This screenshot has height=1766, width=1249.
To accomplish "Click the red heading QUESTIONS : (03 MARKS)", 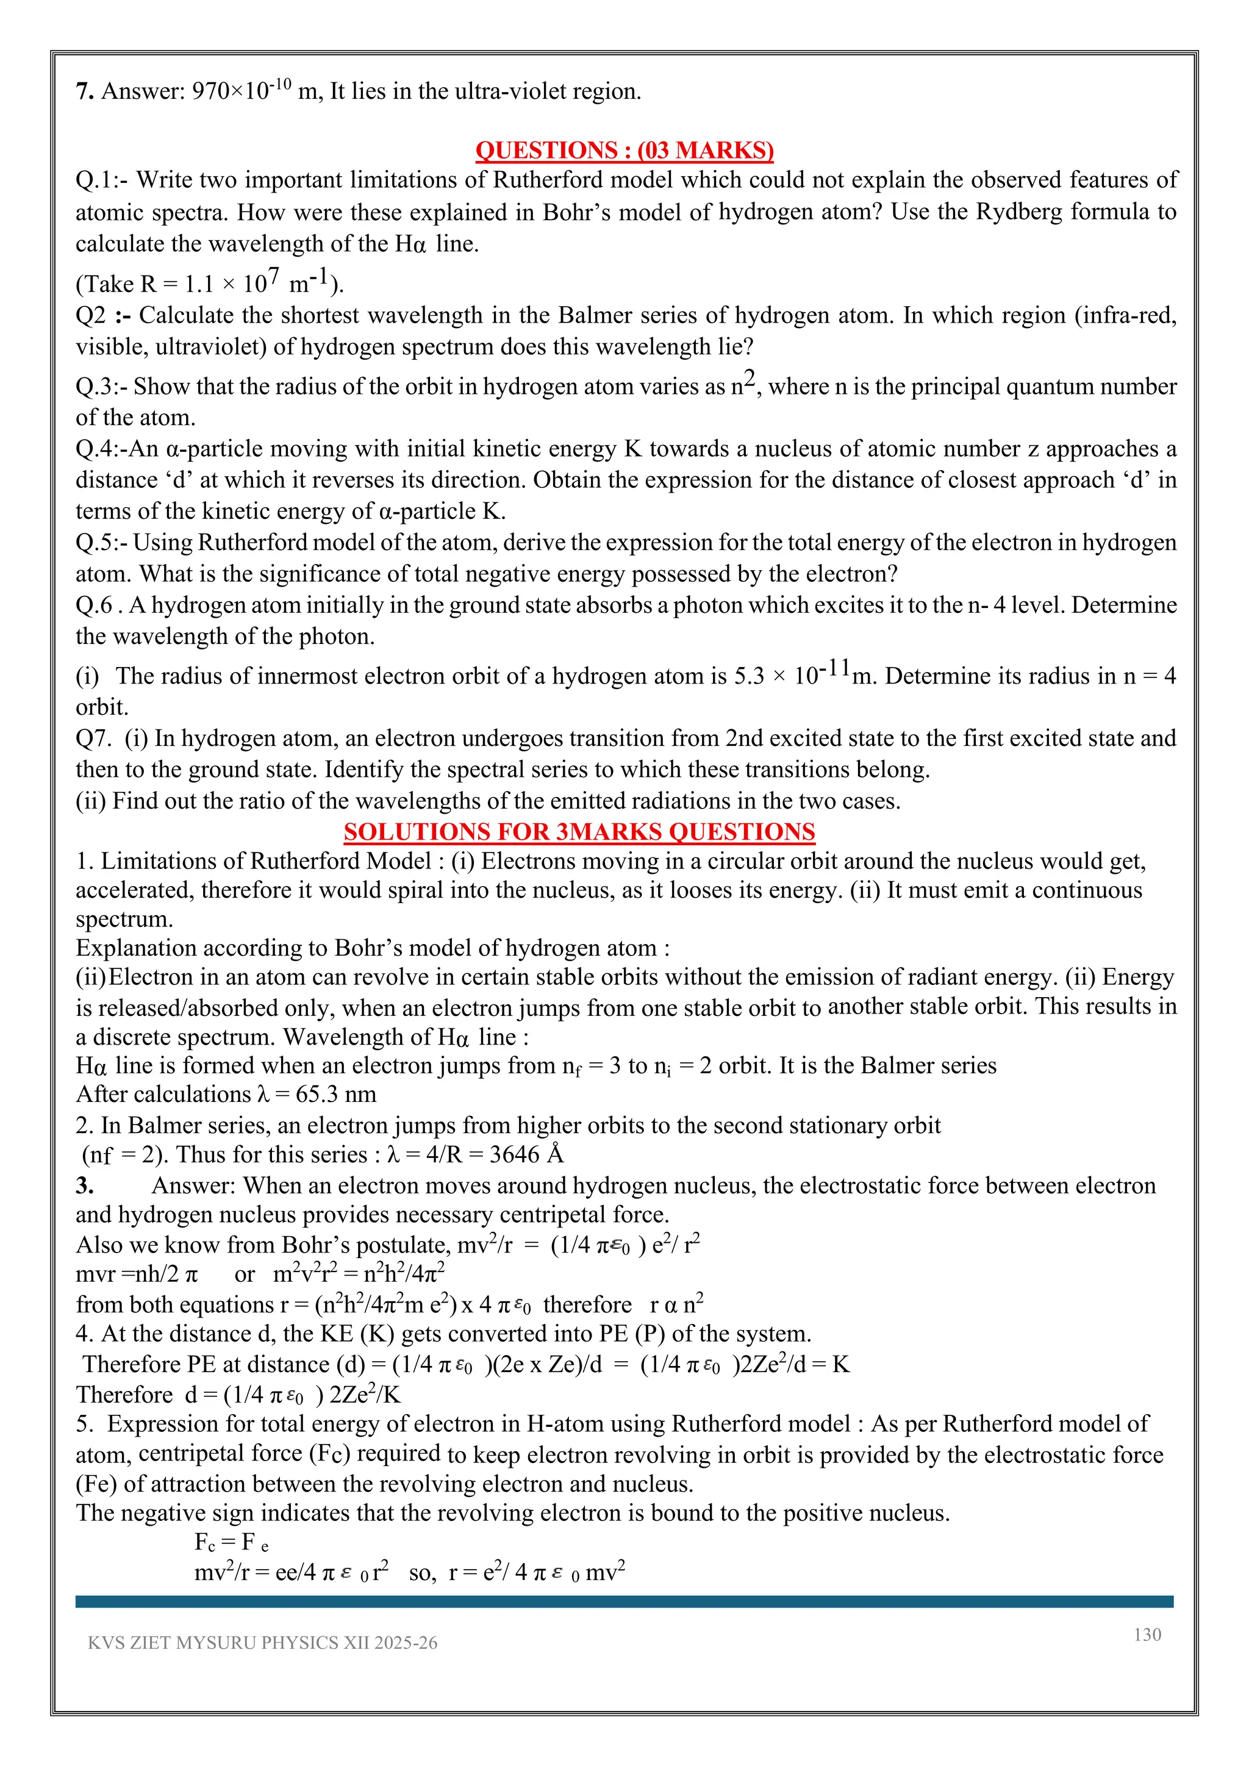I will pyautogui.click(x=624, y=149).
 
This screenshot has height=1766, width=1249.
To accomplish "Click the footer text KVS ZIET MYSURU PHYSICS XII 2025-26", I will pyautogui.click(x=262, y=1642).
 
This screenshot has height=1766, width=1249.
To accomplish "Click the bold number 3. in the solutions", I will pyautogui.click(x=85, y=1185).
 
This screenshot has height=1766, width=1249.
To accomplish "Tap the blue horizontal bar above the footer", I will pyautogui.click(x=624, y=1601).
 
